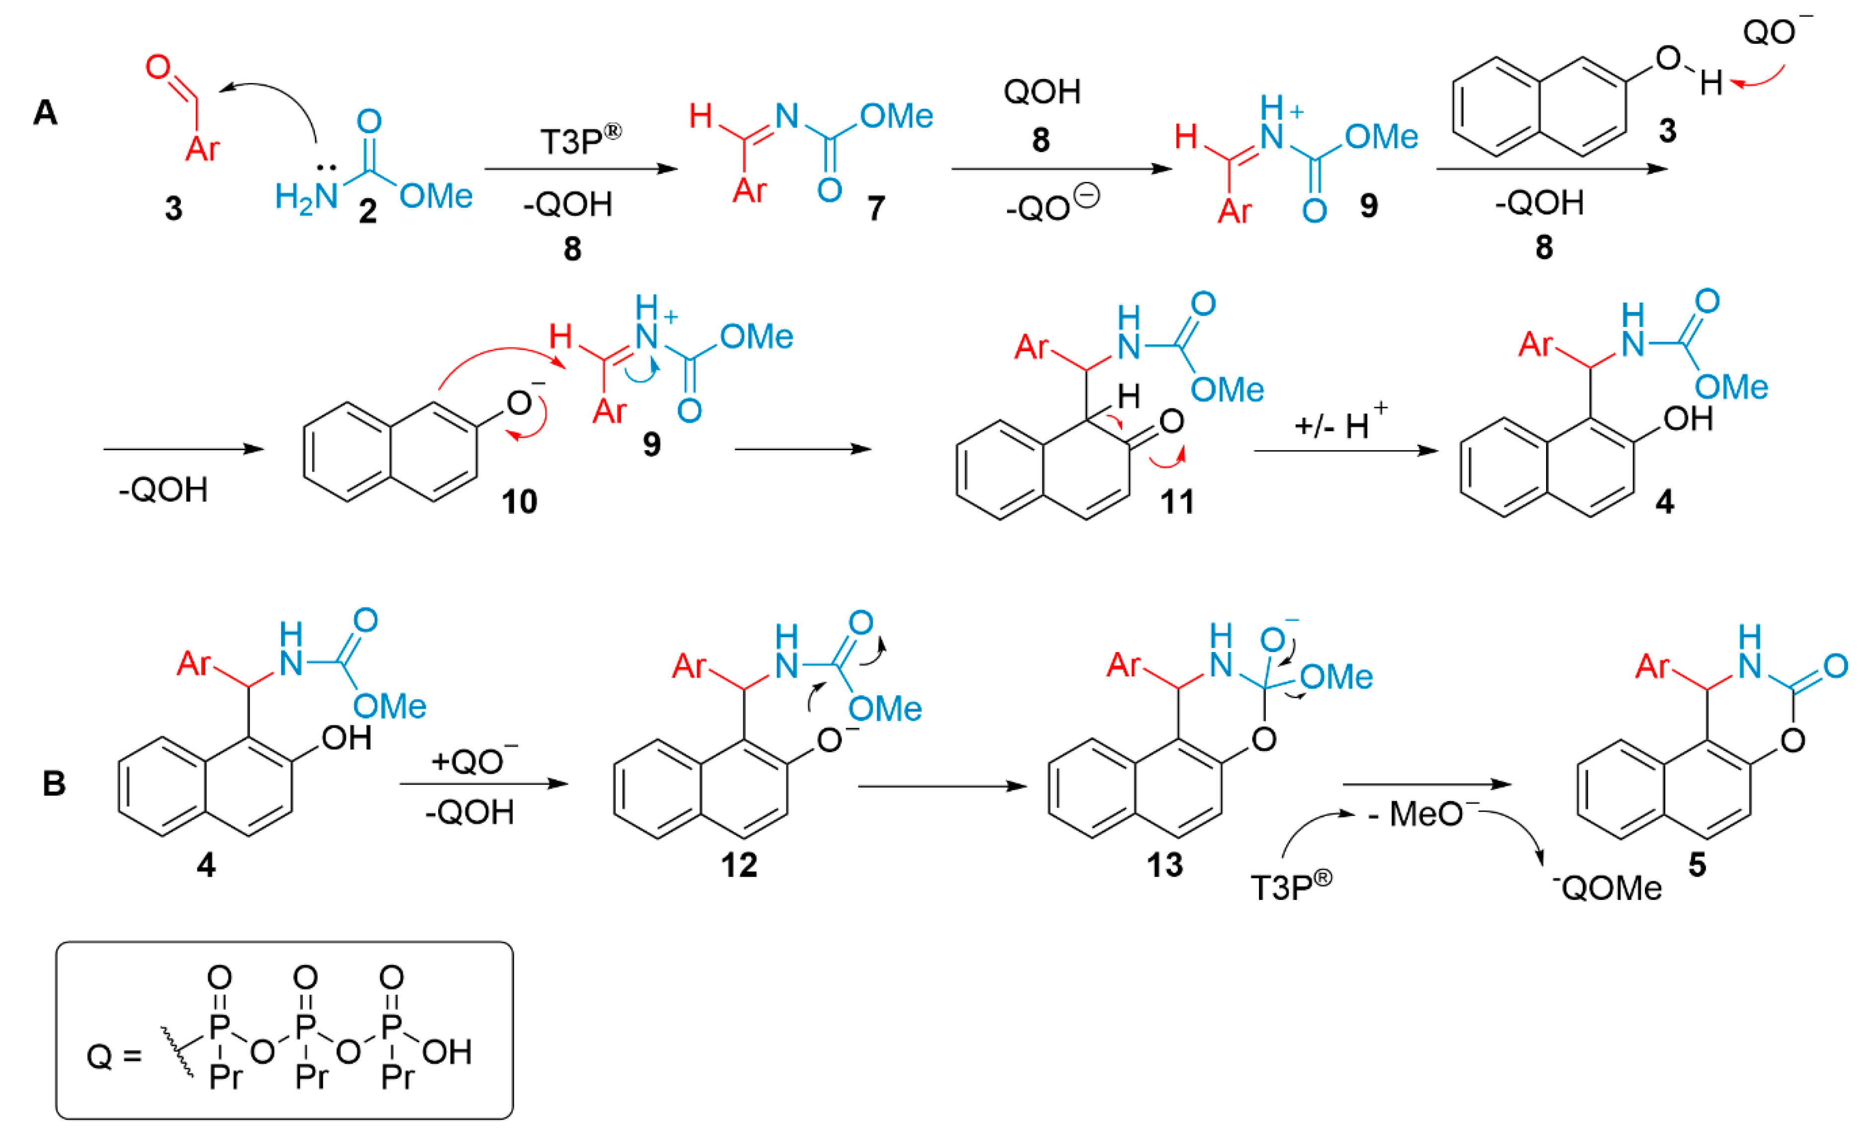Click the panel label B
coord(53,783)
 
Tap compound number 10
coord(519,501)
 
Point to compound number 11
coord(1177,501)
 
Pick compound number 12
coord(739,865)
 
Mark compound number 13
coord(1165,865)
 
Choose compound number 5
coord(1697,865)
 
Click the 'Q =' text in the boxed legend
coord(114,1056)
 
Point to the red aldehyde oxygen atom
coord(157,67)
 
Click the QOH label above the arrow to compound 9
coord(1042,92)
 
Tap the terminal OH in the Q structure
coord(447,1052)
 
